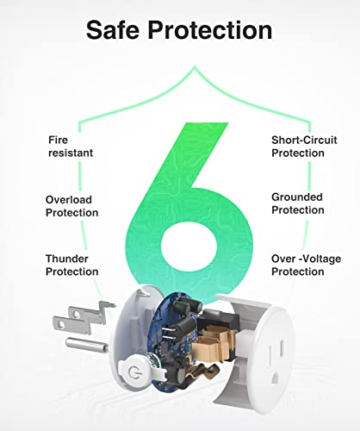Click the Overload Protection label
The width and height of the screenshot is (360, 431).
tap(71, 205)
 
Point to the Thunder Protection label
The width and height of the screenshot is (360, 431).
tap(71, 265)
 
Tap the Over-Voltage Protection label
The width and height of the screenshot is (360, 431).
tap(298, 265)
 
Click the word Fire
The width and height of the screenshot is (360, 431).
tap(56, 136)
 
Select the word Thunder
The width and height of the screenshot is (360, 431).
tap(68, 258)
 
